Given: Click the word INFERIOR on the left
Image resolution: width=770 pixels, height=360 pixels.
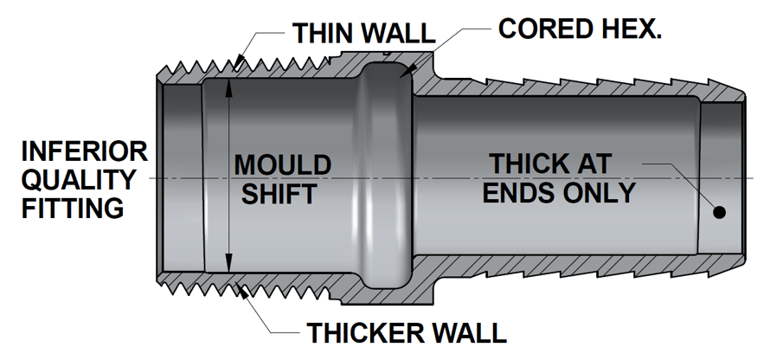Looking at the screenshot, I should (85, 152).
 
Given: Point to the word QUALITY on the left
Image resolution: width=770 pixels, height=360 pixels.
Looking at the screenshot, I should (79, 180).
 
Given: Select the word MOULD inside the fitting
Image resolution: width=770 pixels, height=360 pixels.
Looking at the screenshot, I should (283, 164).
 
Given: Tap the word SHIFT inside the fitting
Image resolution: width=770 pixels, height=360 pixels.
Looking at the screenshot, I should (278, 193).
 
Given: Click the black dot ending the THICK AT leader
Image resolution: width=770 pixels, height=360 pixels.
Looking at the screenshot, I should (718, 212).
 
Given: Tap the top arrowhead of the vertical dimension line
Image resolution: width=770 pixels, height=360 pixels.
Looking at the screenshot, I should (228, 86).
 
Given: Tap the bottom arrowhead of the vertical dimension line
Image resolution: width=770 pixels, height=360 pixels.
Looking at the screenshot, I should (228, 264).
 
